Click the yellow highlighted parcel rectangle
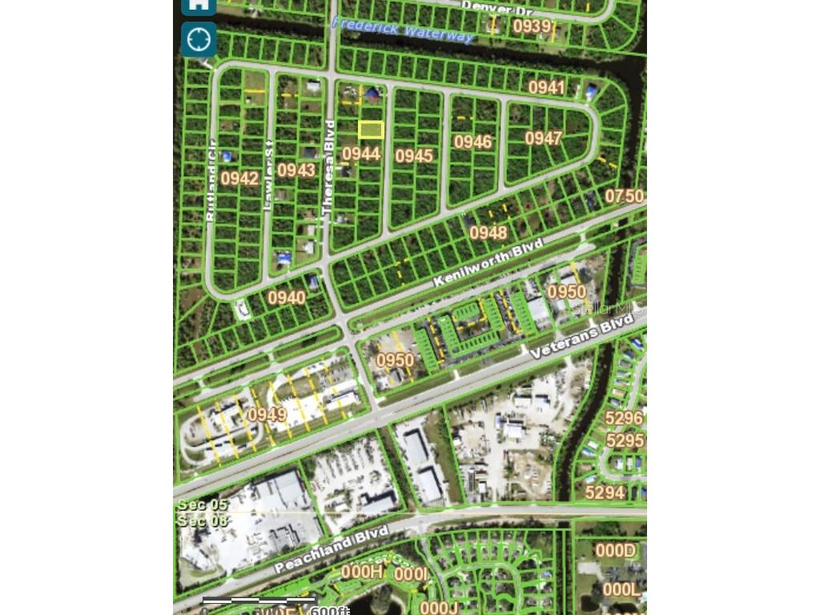tap(371, 130)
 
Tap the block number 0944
tap(361, 153)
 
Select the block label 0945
tap(414, 155)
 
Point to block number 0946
tap(472, 143)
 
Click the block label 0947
tap(544, 139)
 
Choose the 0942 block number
tap(239, 178)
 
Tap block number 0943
tap(296, 170)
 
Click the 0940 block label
tap(287, 298)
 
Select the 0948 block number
tap(488, 232)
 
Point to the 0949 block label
tap(267, 415)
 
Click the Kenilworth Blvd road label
tap(488, 262)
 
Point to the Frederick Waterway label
tap(403, 30)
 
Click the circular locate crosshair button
tap(199, 38)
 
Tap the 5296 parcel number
tap(624, 418)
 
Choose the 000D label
tap(615, 550)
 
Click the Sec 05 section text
tap(203, 504)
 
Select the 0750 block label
tap(625, 196)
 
